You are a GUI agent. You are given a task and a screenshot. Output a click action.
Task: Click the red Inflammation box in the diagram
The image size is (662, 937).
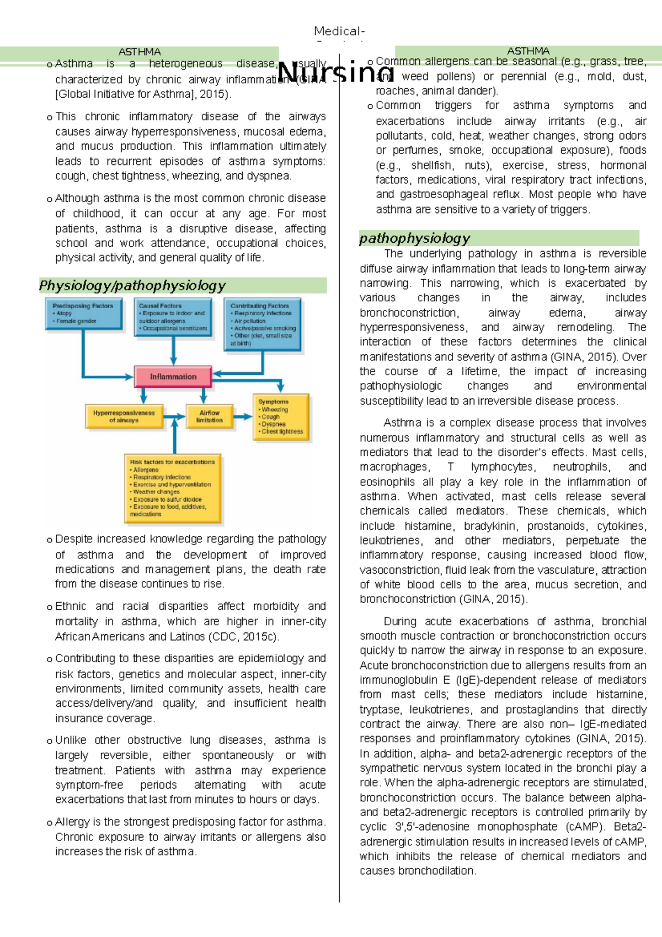[173, 377]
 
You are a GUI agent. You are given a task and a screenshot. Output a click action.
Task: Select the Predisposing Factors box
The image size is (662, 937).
[83, 313]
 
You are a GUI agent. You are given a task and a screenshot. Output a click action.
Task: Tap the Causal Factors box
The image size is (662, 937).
[173, 316]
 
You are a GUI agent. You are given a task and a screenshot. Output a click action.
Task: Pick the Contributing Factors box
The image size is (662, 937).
[263, 324]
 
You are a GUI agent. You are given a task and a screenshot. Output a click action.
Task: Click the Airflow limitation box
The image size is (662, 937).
[209, 417]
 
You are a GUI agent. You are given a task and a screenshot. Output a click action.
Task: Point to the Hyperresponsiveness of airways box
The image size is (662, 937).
[124, 417]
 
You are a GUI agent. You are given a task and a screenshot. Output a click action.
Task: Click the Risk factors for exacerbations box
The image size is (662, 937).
[172, 488]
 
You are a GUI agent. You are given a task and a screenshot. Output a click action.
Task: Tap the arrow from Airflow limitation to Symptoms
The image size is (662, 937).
[243, 417]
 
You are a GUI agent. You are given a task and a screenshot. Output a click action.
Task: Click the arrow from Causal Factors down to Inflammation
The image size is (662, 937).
[173, 351]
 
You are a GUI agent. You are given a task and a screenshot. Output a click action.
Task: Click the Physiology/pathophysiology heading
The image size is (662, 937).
[132, 286]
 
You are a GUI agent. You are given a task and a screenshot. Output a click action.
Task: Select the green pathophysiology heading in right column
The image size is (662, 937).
[414, 238]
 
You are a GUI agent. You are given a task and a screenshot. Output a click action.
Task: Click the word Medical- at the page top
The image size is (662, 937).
[339, 31]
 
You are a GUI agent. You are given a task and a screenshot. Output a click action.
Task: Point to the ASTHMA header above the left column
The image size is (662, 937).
[139, 52]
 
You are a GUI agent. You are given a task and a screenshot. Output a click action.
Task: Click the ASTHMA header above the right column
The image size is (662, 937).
[528, 51]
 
